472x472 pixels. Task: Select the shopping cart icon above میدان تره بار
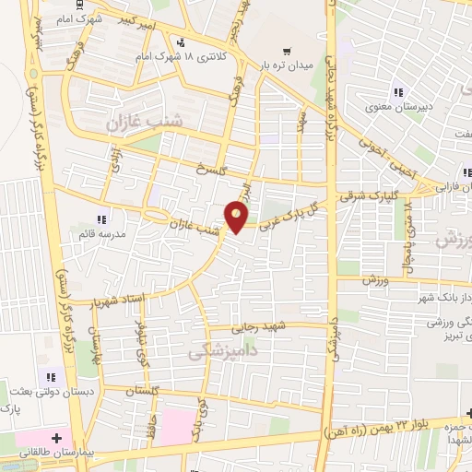point(289,52)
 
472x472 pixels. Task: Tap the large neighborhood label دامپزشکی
point(218,351)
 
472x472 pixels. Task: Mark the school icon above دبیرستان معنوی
point(398,91)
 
